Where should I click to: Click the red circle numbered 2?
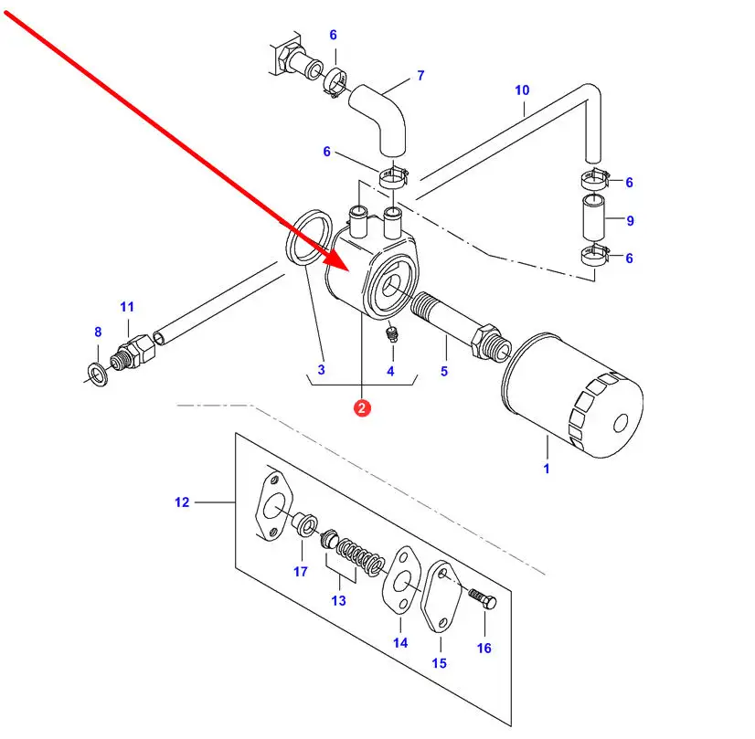click(362, 408)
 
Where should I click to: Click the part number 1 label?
click(547, 469)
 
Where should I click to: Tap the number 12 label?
click(182, 502)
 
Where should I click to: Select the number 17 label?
click(301, 572)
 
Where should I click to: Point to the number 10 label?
click(522, 90)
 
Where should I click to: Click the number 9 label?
click(630, 220)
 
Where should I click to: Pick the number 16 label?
click(484, 648)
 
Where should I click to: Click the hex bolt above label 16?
click(483, 599)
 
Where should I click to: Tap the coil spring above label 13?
click(361, 557)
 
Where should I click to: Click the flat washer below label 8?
click(98, 375)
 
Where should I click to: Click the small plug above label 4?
click(393, 333)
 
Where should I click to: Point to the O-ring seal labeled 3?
click(309, 237)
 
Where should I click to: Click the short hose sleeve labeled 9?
click(593, 218)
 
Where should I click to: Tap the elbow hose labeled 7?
click(378, 121)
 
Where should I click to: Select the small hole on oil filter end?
click(621, 423)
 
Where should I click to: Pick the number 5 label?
click(444, 371)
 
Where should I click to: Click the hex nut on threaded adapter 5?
click(484, 341)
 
